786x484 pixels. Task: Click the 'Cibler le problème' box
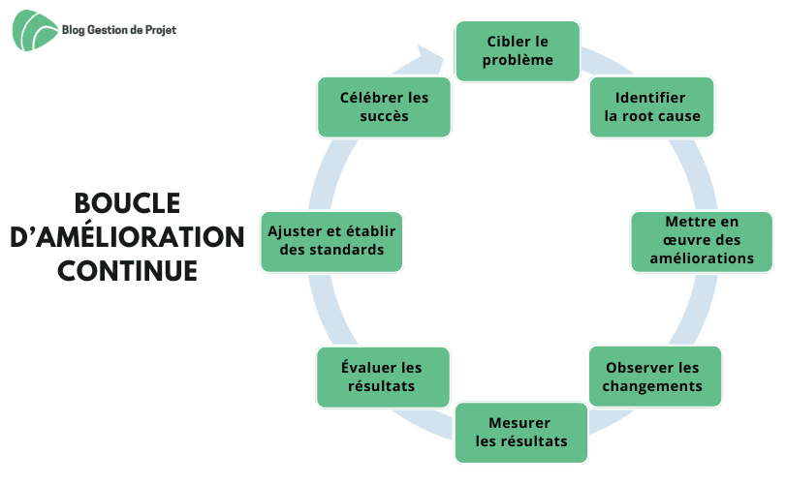coord(519,50)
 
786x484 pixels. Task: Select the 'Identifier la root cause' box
coord(651,107)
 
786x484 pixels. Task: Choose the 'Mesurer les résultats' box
coord(520,433)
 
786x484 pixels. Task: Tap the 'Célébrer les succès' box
coord(384,107)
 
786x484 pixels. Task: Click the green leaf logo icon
coord(34,30)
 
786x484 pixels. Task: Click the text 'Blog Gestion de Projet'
coord(118,31)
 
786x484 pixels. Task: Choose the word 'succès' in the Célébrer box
coord(384,116)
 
